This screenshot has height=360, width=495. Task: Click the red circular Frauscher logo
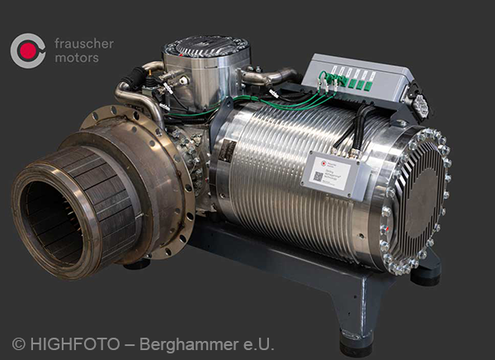[27, 50]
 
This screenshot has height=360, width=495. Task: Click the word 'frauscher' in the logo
[83, 43]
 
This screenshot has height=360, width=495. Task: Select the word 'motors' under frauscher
[76, 58]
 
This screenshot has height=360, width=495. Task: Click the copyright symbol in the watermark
[18, 344]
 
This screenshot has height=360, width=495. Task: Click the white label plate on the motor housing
[331, 172]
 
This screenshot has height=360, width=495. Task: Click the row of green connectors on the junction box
[350, 79]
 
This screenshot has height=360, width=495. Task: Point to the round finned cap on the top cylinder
[206, 45]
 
